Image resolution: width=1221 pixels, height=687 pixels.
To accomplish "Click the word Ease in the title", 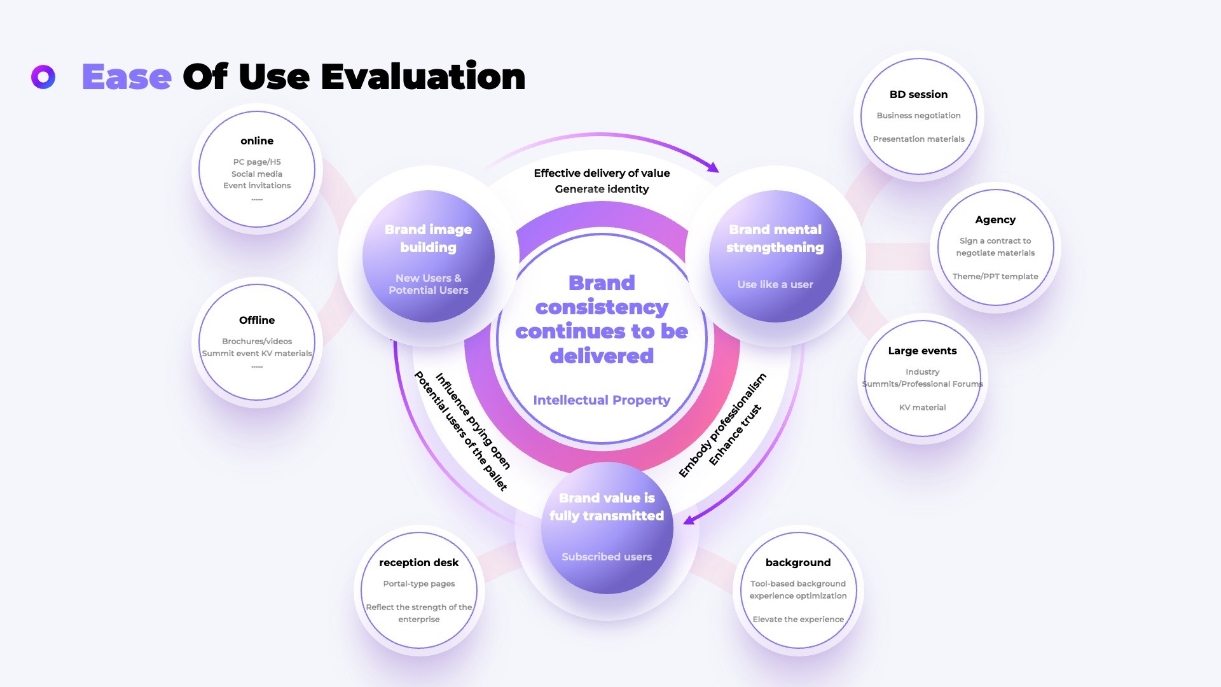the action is point(127,78).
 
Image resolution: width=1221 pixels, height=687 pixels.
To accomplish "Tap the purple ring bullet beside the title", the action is point(43,77).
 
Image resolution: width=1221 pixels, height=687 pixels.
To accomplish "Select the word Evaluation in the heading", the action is point(423,77).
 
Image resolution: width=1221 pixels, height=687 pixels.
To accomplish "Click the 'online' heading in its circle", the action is point(257,141).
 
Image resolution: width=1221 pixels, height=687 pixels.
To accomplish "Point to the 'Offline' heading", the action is point(257,320).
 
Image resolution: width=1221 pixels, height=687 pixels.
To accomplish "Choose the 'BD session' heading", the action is point(918,94).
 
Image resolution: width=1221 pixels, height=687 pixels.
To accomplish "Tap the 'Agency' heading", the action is point(995,220).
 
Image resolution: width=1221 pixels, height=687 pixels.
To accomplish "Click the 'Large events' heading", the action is point(922,350).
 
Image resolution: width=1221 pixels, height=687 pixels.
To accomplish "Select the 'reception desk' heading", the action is point(418,562).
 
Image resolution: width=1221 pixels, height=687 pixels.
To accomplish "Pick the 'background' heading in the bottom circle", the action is point(798,562).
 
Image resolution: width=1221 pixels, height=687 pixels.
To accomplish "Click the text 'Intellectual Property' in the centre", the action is point(602,400).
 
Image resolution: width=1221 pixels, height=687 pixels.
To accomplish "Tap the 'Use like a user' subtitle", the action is point(775,284).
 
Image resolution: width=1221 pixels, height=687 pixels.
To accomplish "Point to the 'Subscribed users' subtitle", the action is point(607,557).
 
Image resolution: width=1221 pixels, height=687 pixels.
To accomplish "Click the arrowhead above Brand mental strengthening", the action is point(714,167).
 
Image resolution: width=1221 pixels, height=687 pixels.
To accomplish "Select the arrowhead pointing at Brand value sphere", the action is point(689,519).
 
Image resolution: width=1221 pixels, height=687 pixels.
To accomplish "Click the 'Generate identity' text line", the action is point(602,189).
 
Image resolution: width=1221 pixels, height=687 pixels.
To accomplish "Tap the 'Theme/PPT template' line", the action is point(995,277).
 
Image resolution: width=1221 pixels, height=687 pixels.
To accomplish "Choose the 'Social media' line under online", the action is point(257,174).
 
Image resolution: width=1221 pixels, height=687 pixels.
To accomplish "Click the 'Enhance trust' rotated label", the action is point(735,435).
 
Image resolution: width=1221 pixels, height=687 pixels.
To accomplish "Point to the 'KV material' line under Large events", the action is point(922,408).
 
